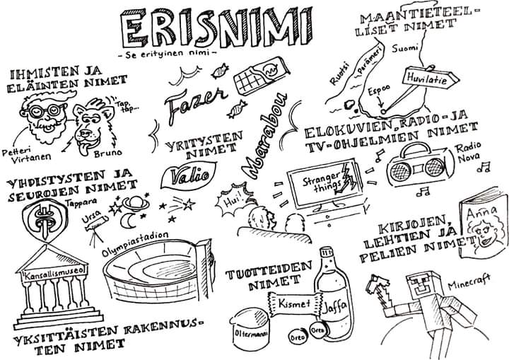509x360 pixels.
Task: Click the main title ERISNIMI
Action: [216, 28]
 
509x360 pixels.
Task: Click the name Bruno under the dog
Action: [107, 153]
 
